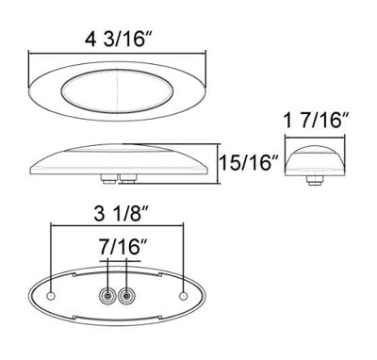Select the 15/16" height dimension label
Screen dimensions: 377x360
pyautogui.click(x=250, y=162)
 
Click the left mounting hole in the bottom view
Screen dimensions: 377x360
pyautogui.click(x=51, y=296)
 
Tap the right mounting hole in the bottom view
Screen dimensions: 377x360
pyautogui.click(x=183, y=296)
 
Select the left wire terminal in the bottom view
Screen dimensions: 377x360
pyautogui.click(x=107, y=296)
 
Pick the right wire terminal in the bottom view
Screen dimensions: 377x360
pyautogui.click(x=126, y=296)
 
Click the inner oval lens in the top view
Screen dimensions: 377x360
pyautogui.click(x=117, y=91)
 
